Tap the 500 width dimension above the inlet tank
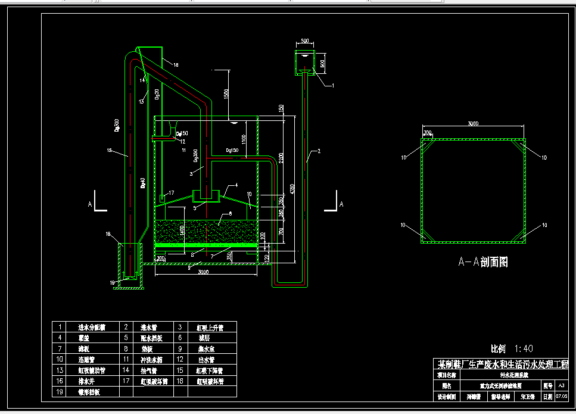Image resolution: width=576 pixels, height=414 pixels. pos(305,41)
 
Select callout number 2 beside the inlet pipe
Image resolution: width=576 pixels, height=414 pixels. pos(319,152)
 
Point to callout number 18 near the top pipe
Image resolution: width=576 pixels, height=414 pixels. pos(175,64)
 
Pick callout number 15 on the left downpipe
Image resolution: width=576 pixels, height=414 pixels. pos(110,151)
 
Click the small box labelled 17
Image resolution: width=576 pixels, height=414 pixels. pos(161,197)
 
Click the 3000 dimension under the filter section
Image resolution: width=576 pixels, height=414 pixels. pos(203,272)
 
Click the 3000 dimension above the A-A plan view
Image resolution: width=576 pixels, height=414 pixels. pos(472,124)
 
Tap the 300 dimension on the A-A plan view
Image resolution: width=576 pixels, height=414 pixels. pos(427,132)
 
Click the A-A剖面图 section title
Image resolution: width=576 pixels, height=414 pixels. pos(482,262)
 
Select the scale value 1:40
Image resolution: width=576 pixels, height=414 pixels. pos(522,348)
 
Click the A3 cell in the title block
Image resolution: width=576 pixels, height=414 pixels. pos(561,386)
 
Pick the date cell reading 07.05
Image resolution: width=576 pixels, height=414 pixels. pos(561,396)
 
